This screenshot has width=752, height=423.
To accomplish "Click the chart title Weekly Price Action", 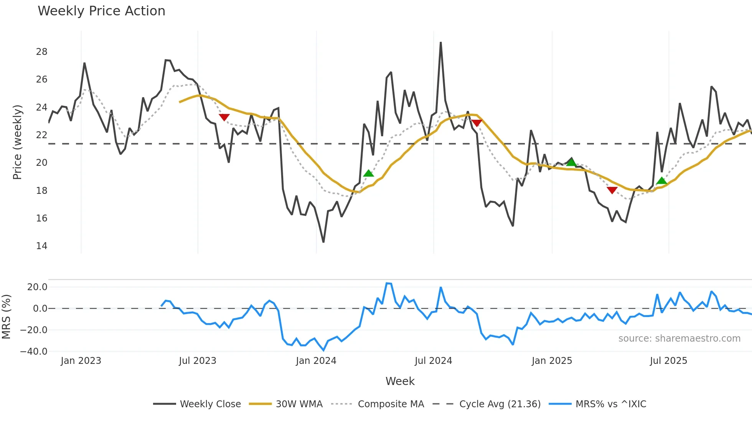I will point(101,11).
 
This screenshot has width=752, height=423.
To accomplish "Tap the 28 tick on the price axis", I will point(41,52).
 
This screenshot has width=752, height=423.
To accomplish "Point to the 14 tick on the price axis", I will point(41,246).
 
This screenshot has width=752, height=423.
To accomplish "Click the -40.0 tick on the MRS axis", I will point(34,352).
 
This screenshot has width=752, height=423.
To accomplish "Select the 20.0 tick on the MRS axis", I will point(37,287).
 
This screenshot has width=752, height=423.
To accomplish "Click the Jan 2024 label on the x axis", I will point(316,361).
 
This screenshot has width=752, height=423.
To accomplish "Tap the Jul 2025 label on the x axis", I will point(668,361).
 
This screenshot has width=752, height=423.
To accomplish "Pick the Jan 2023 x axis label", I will point(81,361).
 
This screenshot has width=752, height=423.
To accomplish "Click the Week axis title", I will point(400,381).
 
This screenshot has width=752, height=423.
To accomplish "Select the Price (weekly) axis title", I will point(18,142).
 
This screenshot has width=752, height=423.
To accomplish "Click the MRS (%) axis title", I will point(6,317).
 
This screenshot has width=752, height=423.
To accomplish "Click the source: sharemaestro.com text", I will point(679,339).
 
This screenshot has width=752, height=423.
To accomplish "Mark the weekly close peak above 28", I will point(440,43).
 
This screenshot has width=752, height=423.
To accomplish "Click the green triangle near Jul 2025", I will point(661,181).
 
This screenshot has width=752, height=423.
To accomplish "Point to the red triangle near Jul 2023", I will point(224,117).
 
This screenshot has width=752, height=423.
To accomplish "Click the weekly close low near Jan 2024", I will point(323,242).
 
